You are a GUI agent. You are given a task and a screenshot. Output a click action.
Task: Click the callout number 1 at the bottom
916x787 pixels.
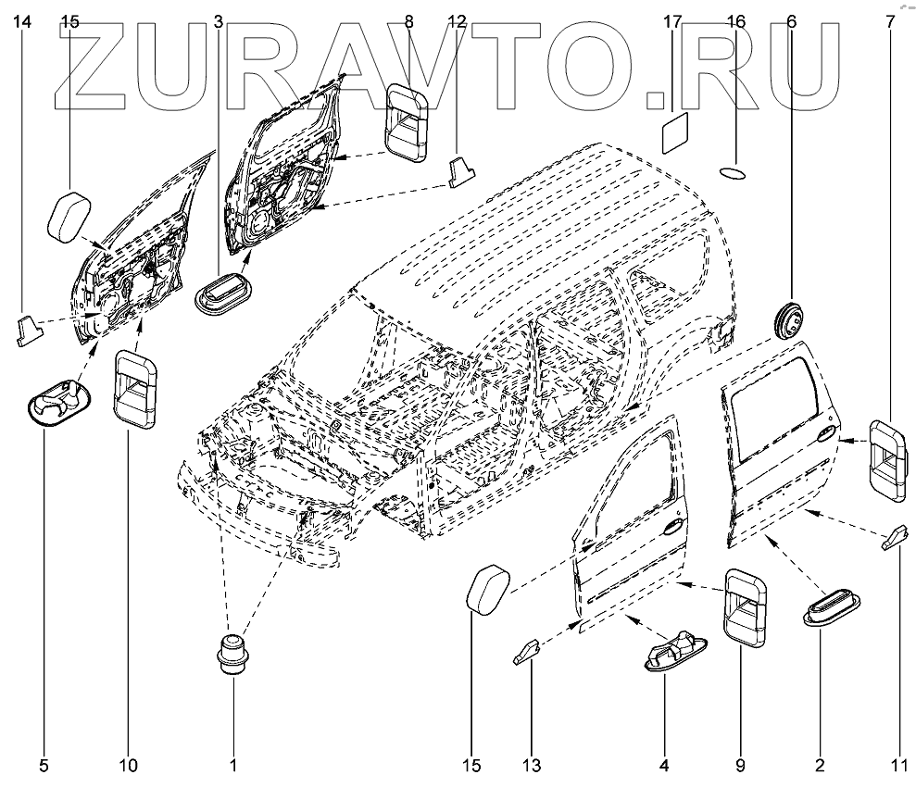233,766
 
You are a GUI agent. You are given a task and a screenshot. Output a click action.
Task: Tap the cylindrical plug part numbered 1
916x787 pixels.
232,656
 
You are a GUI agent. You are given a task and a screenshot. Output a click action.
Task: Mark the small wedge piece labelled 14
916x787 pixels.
27,328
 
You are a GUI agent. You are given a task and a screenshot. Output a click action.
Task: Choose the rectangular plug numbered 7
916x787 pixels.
887,460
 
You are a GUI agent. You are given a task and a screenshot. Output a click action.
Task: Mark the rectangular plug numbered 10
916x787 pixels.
135,390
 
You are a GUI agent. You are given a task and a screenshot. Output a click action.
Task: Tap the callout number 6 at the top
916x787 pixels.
791,20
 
